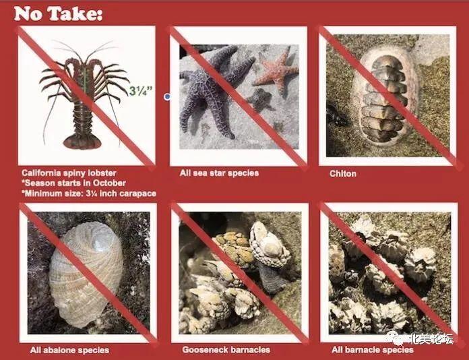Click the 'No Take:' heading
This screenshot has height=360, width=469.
59,13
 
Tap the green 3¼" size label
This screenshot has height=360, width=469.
141,90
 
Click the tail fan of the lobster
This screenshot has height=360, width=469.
82,142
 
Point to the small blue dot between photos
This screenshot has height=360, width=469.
167,96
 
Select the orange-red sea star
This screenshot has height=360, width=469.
276,71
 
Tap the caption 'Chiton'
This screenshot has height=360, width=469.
343,174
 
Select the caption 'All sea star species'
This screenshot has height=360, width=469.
219,173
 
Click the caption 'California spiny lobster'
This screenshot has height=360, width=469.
69,173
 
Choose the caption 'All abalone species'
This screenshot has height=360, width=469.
69,350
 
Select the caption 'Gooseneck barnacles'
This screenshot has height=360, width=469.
226,349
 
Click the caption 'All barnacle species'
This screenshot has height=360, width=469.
373,349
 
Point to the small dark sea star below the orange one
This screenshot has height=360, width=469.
261,100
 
